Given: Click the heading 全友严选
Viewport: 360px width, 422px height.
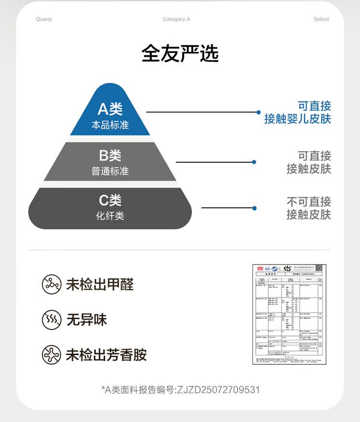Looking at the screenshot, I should tap(180, 54).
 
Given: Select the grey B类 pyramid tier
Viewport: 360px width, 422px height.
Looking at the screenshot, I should tap(110, 162).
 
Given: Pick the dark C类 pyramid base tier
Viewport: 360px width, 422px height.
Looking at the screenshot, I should tap(110, 207).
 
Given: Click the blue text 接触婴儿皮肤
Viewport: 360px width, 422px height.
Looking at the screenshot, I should tap(298, 119).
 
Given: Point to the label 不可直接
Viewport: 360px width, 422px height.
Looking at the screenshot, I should tap(309, 201).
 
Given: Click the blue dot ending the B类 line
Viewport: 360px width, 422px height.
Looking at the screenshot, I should tap(254, 162).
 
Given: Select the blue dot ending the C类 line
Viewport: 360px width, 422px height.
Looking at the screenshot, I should tap(254, 208).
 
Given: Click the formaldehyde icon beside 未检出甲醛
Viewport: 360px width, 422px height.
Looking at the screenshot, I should tap(51, 285).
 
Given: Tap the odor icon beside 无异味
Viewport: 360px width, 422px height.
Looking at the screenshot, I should tap(51, 320).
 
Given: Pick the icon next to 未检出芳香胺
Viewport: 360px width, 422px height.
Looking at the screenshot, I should tap(51, 355).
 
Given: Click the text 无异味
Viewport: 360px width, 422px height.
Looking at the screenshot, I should tap(87, 320).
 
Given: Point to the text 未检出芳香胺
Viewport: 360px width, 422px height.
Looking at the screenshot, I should tap(106, 355).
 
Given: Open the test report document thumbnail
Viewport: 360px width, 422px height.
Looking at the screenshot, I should tap(287, 314).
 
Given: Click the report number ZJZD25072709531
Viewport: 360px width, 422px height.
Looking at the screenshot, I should tap(218, 389).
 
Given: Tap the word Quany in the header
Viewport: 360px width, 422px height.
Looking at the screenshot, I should tap(44, 19).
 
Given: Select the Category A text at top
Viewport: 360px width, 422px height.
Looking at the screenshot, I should tap(176, 19).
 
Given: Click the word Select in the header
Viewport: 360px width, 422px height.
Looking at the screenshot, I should tap(321, 19).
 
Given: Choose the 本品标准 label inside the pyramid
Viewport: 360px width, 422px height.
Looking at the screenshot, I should tap(110, 125).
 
